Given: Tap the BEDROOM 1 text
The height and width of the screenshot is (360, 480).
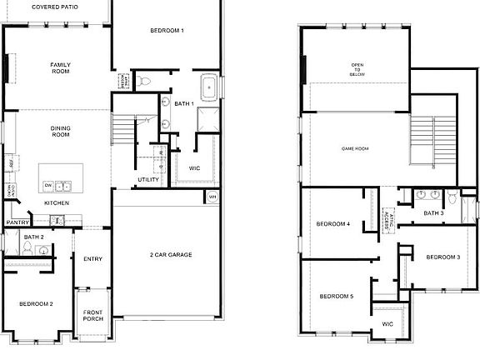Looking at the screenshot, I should click(167, 31).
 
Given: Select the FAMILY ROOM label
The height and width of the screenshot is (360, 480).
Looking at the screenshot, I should click(60, 68).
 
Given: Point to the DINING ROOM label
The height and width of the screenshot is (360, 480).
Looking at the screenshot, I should click(60, 131).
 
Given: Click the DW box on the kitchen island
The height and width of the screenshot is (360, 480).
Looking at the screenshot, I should click(49, 185).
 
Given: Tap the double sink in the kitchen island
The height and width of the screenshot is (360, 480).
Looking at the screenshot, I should click(64, 185).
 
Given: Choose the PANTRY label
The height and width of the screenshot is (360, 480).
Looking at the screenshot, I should click(18, 222).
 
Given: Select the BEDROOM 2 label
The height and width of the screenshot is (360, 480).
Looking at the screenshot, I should click(37, 304).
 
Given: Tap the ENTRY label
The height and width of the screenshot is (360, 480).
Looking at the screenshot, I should click(92, 259).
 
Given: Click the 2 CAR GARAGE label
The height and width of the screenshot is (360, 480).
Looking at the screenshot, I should click(171, 254).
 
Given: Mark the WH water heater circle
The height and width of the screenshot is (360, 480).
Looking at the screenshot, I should click(212, 197).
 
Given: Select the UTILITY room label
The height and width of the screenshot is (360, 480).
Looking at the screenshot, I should click(148, 180).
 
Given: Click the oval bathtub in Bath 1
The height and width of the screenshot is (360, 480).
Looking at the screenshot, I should click(208, 86).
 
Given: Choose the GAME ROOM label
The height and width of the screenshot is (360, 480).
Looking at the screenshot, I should click(356, 149).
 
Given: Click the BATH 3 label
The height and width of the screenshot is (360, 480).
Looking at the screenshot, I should click(433, 213).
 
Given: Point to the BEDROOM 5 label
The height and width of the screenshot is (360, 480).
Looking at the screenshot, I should click(336, 297).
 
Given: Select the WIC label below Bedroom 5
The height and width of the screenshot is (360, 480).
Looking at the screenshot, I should click(387, 324).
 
